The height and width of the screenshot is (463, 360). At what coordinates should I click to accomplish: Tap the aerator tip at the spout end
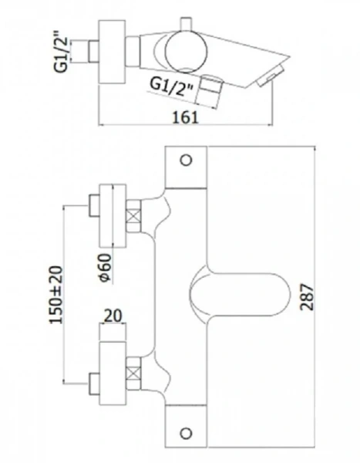point(272,77)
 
